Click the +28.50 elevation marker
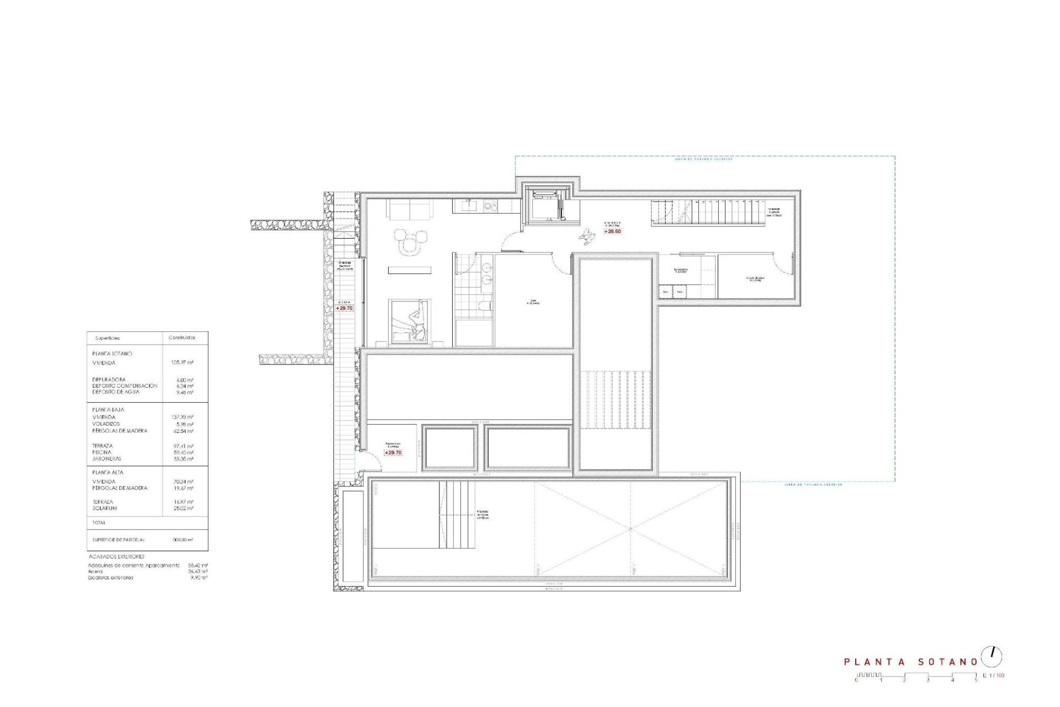(612, 231)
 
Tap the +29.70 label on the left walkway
(344, 308)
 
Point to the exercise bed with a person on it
(410, 321)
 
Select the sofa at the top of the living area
(410, 209)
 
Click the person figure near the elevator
(586, 236)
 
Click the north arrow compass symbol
(992, 656)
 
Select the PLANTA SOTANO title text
(911, 661)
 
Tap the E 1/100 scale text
(994, 676)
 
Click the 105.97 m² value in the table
(182, 363)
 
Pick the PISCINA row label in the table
(102, 452)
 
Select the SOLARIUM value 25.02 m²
(183, 509)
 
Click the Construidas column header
(181, 337)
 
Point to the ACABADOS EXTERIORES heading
(116, 557)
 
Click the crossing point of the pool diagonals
(630, 529)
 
